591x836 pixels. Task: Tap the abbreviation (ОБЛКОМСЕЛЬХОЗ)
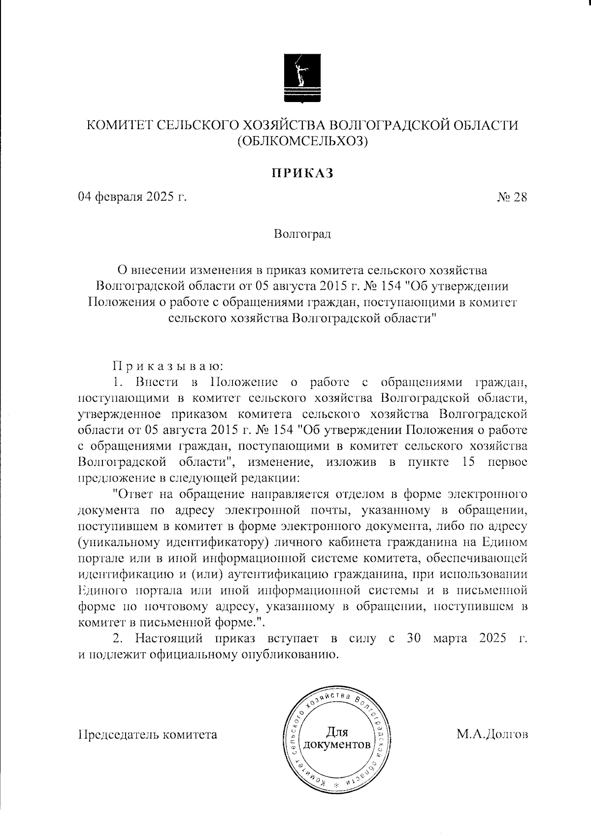pos(302,141)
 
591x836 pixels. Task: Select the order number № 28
pos(512,198)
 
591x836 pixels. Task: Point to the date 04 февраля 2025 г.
pos(133,197)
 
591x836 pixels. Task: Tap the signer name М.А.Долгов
pos(492,734)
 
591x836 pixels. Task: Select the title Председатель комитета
pos(148,734)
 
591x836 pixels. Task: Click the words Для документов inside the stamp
pos(337,737)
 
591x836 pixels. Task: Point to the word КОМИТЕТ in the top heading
pos(120,126)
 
